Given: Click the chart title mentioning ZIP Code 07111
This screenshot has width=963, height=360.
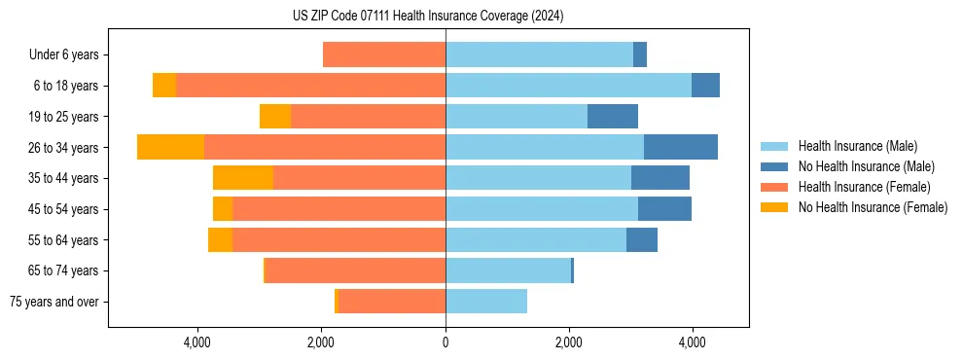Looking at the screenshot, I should [427, 17].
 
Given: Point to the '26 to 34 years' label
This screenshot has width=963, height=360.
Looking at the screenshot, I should [65, 147].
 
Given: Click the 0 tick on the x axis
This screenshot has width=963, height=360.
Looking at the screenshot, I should [446, 342].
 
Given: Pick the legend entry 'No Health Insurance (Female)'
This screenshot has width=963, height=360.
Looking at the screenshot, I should [873, 207].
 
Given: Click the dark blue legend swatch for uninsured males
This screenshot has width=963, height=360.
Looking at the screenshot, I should [775, 166].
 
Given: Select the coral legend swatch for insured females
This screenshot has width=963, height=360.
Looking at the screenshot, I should [775, 187].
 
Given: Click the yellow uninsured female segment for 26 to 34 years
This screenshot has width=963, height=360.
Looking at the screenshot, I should [171, 147].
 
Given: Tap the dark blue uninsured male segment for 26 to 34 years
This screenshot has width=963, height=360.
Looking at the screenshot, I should [681, 147].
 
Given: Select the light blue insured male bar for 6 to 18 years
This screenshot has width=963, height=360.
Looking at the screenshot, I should [568, 86].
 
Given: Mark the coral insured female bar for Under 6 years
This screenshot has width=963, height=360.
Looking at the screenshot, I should [384, 54].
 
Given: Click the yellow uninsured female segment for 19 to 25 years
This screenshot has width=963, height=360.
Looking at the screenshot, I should [275, 117].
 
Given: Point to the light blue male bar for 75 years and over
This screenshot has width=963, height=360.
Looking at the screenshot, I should [486, 302].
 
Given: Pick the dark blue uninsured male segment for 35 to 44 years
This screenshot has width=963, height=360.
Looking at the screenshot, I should [660, 178].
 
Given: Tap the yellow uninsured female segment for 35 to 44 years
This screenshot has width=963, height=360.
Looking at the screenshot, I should [243, 178].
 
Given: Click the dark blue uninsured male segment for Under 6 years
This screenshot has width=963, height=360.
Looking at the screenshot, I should [640, 54].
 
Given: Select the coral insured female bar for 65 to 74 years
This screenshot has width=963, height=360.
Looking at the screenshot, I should [355, 270].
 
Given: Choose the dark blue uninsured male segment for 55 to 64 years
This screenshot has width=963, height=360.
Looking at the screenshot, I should [642, 239].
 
